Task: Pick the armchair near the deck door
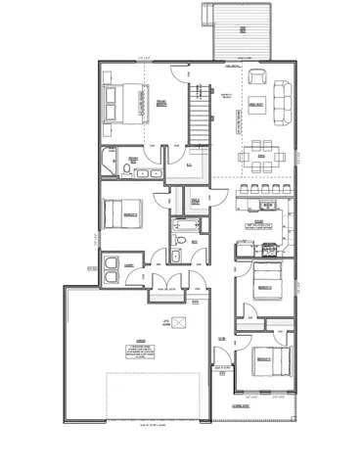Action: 256,78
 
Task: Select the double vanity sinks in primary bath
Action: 149,172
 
